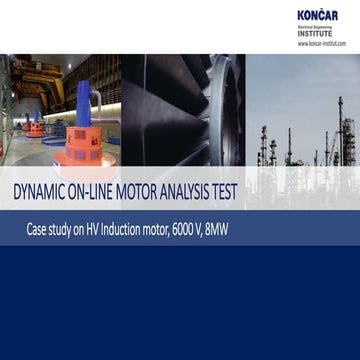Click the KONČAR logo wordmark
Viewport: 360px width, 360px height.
(322, 15)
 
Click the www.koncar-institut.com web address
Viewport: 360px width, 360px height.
(321, 44)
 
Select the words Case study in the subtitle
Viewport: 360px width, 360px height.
(54, 230)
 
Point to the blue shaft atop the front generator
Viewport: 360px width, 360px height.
(79, 112)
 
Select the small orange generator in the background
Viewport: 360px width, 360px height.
(36, 127)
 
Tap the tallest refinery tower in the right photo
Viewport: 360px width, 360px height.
(339, 130)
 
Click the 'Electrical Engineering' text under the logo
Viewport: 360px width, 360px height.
(316, 28)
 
